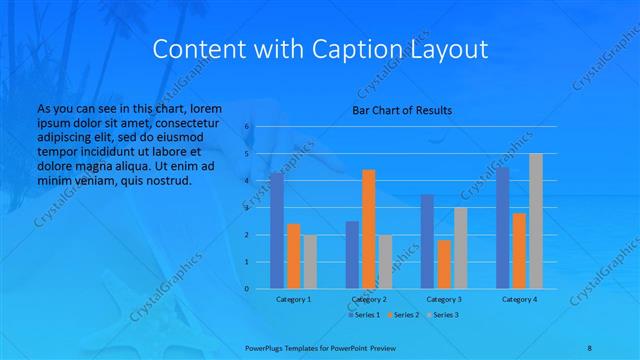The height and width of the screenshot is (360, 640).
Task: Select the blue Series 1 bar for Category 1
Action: coord(277,231)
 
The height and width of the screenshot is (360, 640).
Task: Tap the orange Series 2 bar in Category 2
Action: coord(369,229)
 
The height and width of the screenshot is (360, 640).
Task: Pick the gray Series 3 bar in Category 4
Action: coord(536,221)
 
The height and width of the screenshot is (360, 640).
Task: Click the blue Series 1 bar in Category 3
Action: coord(428,241)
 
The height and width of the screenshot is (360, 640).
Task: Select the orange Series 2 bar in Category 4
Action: coord(520,250)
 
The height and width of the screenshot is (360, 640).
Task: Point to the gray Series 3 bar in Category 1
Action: coord(310,262)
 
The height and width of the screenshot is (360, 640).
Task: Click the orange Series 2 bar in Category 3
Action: coord(444,264)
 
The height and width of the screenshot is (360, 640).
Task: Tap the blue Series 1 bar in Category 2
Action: coord(352,255)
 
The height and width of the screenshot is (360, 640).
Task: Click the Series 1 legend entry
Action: coord(364,314)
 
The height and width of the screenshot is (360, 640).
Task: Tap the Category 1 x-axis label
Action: coord(293,299)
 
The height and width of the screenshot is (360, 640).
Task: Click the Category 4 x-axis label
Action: coord(519,299)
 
